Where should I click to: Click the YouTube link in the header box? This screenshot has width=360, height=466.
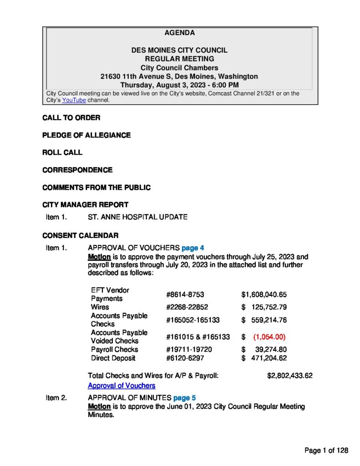tap(74, 100)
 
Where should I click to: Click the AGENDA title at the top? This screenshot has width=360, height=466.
tap(179, 33)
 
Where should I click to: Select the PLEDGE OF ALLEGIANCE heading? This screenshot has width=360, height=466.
tap(86, 135)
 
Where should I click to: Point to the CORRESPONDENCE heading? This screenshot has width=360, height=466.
tap(77, 170)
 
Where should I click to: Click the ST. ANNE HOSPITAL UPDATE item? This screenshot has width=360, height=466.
tap(137, 217)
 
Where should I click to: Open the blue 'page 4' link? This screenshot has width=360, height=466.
tap(193, 248)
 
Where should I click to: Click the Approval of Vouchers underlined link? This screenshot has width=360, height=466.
tap(122, 385)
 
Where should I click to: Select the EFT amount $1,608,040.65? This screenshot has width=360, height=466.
tap(264, 294)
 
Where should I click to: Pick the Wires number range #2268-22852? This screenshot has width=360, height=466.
tap(187, 307)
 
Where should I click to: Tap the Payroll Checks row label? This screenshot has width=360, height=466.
tap(114, 349)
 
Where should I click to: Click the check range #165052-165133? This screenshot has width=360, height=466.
tap(193, 320)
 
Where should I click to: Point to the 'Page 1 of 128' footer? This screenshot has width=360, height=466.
tap(326, 451)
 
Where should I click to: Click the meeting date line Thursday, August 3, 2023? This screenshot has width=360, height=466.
tap(179, 85)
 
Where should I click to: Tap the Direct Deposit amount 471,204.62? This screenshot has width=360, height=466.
tap(269, 358)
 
